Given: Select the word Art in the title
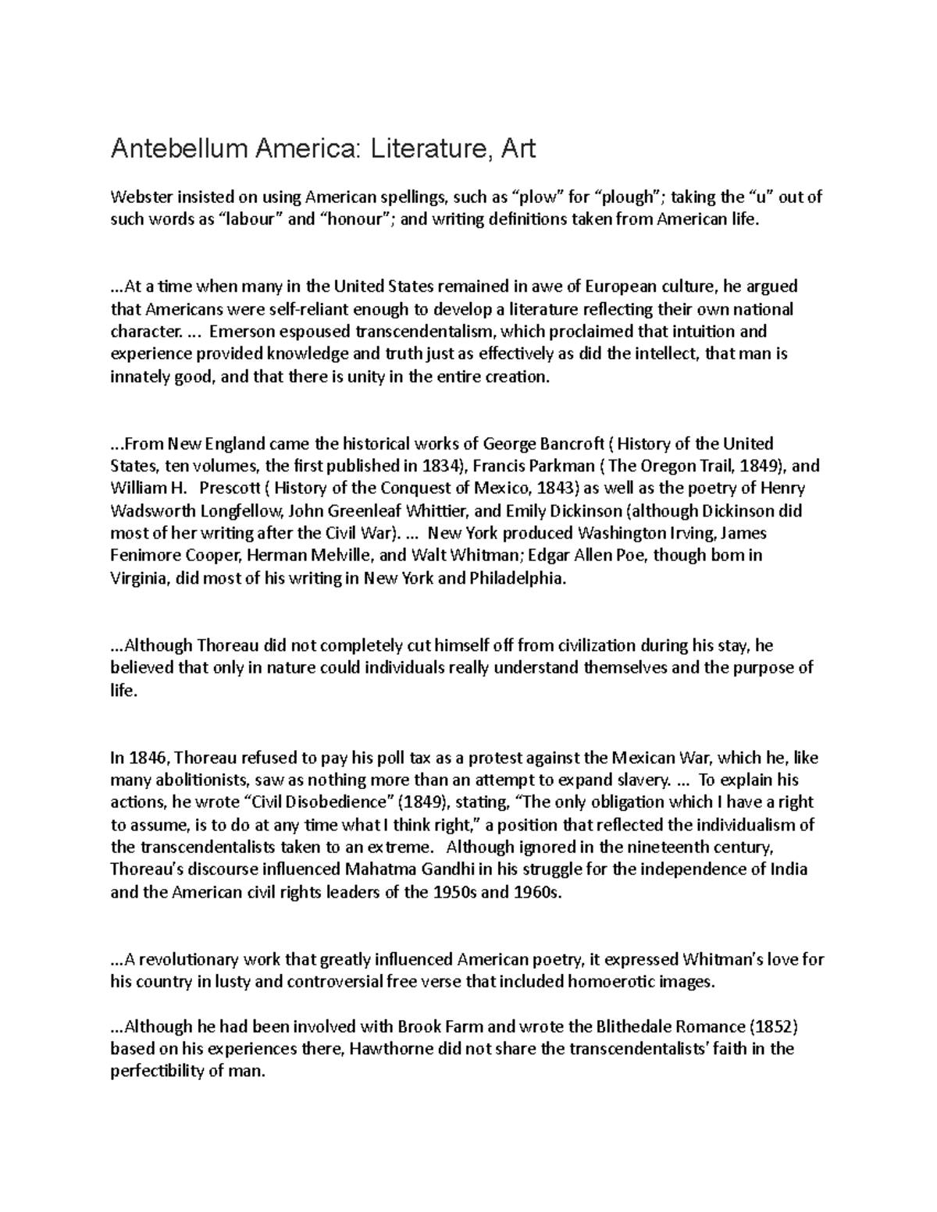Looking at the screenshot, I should [518, 148].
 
